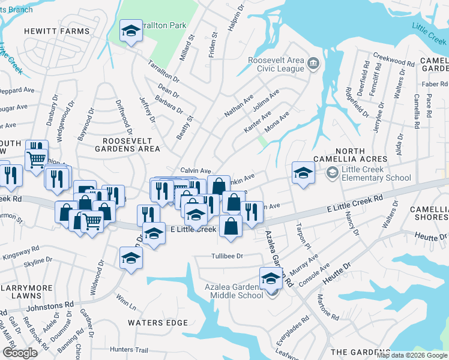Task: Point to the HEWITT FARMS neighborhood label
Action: pyautogui.click(x=56, y=31)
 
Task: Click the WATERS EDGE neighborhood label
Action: pyautogui.click(x=158, y=322)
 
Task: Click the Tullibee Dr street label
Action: pyautogui.click(x=218, y=256)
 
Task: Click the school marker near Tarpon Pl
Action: pyautogui.click(x=303, y=173)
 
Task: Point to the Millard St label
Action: pyautogui.click(x=187, y=48)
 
